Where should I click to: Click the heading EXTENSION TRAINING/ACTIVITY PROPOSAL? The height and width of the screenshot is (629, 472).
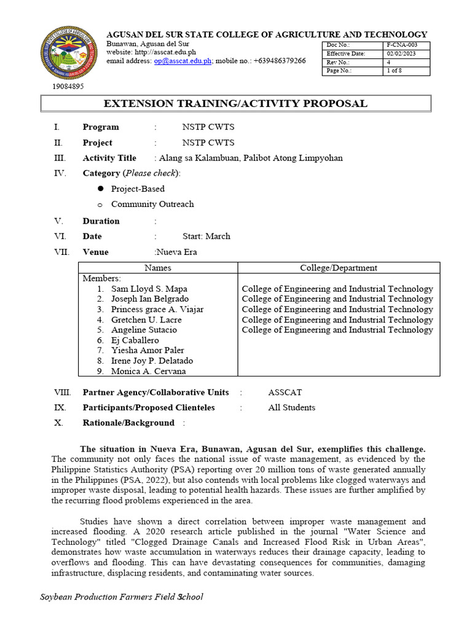(x=235, y=104)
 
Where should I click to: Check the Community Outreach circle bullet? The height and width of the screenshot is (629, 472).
(x=99, y=205)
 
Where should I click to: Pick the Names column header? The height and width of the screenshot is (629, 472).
(x=158, y=268)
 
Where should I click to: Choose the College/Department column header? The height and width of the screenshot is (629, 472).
(x=339, y=268)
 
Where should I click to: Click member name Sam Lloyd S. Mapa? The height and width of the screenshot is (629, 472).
(x=149, y=289)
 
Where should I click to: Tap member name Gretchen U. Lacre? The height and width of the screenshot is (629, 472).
(x=146, y=320)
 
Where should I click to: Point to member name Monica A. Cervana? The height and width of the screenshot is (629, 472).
(x=149, y=371)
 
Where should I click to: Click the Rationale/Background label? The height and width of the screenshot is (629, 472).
(x=128, y=423)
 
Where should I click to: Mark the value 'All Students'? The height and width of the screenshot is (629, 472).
(x=291, y=407)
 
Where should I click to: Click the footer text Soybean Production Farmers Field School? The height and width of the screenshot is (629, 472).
(x=121, y=597)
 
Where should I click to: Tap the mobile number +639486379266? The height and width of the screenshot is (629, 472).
(x=280, y=61)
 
